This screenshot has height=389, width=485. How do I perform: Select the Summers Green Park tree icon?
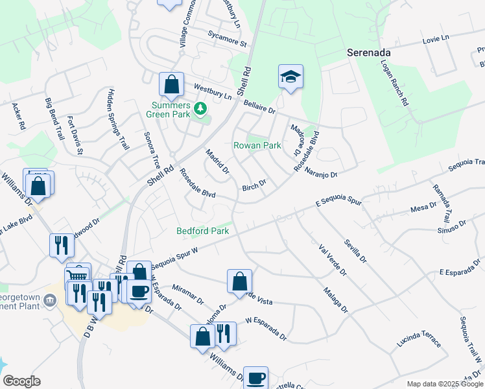(201, 110)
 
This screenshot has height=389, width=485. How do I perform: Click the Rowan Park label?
(257, 146)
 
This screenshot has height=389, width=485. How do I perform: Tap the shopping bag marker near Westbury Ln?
(171, 85)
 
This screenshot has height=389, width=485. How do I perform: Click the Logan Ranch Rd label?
(395, 84)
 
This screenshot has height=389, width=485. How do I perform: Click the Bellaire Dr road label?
(259, 106)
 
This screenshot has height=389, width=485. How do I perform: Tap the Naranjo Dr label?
(322, 173)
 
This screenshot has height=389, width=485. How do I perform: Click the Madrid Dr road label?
(217, 162)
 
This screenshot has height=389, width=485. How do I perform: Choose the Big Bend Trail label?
(54, 121)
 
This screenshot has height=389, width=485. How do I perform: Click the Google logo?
(21, 381)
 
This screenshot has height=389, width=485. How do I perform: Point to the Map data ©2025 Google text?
(444, 384)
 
